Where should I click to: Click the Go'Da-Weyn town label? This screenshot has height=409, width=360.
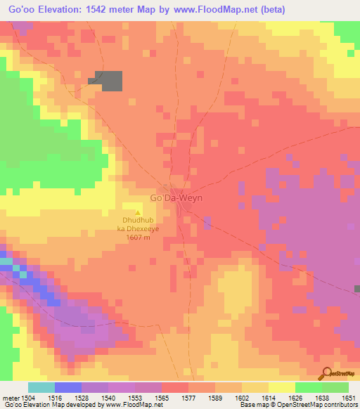(176, 199)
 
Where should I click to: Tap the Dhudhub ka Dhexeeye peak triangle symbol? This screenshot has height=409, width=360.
(138, 212)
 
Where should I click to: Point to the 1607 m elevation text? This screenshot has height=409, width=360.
(138, 238)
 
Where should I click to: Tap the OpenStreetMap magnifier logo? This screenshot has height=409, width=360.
(326, 372)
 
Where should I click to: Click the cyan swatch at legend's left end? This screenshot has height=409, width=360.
(41, 387)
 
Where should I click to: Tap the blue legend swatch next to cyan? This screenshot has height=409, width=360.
(67, 387)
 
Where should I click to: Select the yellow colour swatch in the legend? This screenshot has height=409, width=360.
(281, 387)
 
